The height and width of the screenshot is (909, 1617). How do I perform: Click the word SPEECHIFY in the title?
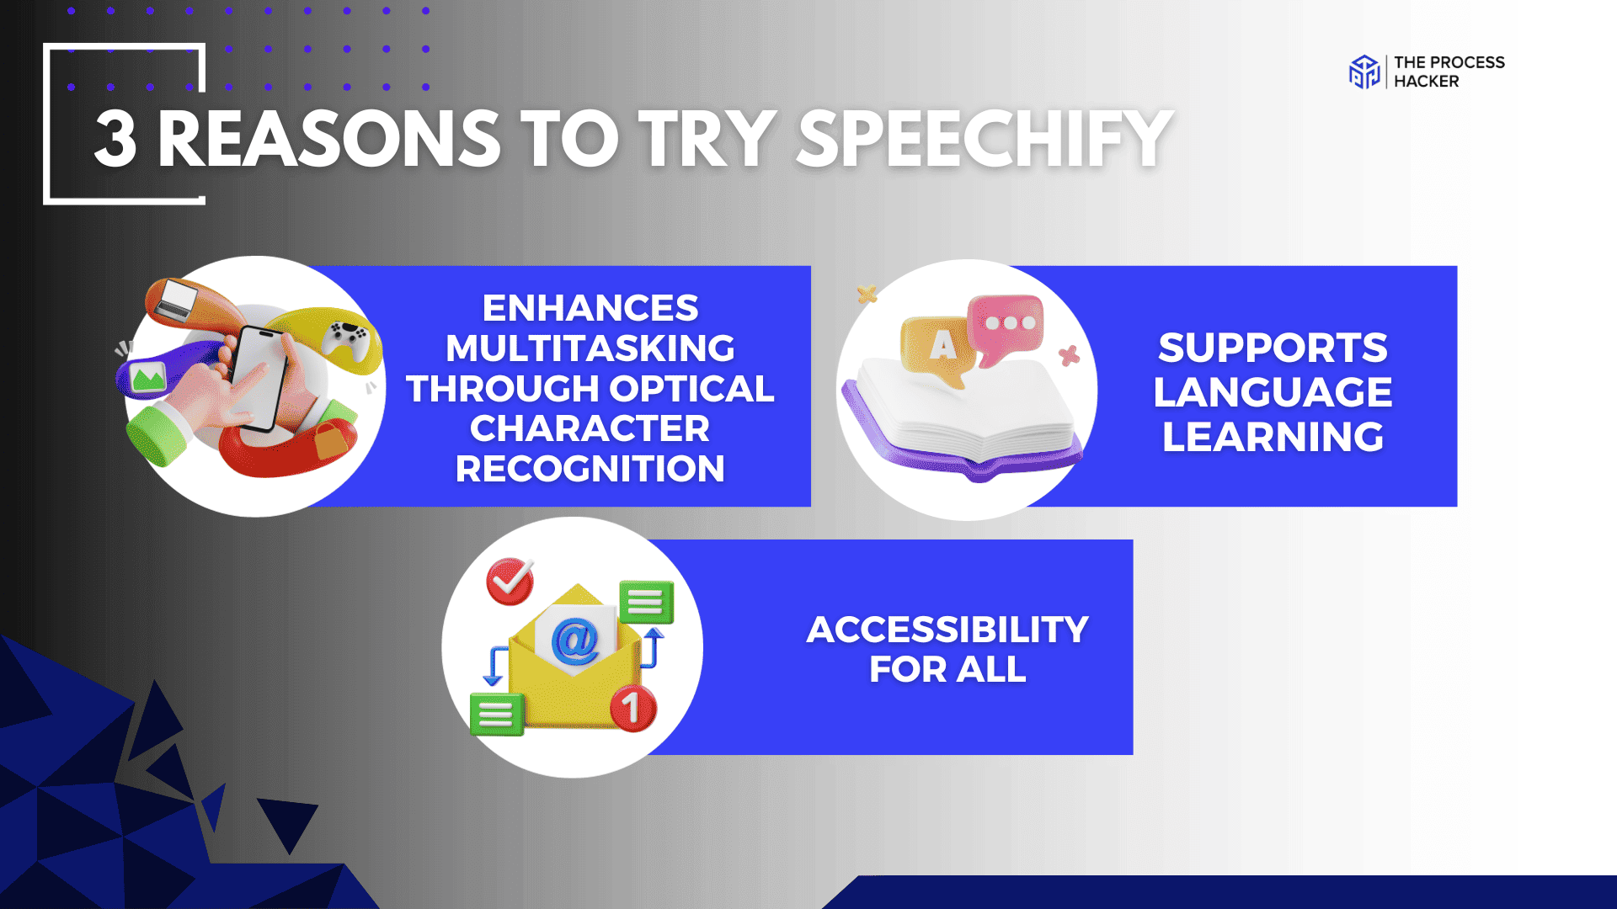pyautogui.click(x=984, y=139)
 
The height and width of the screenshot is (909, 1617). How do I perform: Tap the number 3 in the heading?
pyautogui.click(x=115, y=140)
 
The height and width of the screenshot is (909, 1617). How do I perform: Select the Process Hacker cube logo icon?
pyautogui.click(x=1364, y=72)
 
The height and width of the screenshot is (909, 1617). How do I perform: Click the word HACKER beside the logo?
pyautogui.click(x=1426, y=82)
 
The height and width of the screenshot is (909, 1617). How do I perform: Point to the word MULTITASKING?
pyautogui.click(x=590, y=348)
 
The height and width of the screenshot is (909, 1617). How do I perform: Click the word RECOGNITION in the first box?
pyautogui.click(x=590, y=469)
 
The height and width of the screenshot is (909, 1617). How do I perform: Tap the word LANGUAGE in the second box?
pyautogui.click(x=1273, y=392)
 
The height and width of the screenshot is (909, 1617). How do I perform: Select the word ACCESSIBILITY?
pyautogui.click(x=947, y=630)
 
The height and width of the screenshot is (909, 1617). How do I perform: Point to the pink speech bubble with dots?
pyautogui.click(x=1007, y=325)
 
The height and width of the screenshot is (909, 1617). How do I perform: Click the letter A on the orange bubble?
pyautogui.click(x=942, y=344)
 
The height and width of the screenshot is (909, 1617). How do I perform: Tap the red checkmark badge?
pyautogui.click(x=510, y=581)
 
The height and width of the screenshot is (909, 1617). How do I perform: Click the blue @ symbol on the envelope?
pyautogui.click(x=575, y=641)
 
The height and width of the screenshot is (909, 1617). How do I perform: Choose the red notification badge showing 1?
pyautogui.click(x=632, y=707)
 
